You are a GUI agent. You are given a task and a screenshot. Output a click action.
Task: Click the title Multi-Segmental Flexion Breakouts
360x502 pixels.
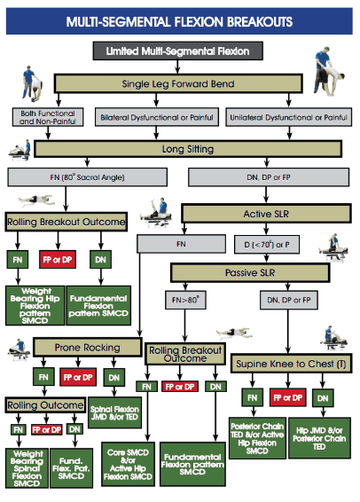tap(180, 19)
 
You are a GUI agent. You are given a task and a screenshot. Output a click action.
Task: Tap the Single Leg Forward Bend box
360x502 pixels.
tap(179, 84)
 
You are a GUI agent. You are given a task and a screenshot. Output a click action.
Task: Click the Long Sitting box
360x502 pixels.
tap(179, 150)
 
